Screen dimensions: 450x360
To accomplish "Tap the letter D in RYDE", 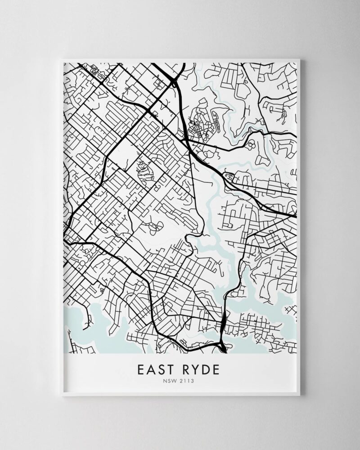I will [206, 370].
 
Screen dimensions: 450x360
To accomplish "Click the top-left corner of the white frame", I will [62, 59].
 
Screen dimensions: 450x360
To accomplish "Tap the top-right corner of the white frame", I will [300, 59].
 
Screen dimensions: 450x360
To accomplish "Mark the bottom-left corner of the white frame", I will [62, 396].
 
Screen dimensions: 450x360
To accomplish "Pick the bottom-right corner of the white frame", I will [300, 396].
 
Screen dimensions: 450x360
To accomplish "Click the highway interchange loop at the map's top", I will [175, 81].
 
